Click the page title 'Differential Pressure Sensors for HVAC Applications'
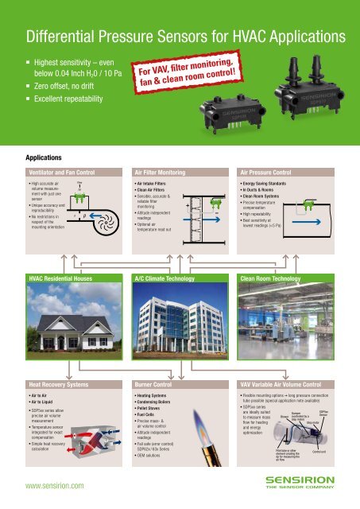click(x=178, y=37)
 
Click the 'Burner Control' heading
click(x=154, y=383)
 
